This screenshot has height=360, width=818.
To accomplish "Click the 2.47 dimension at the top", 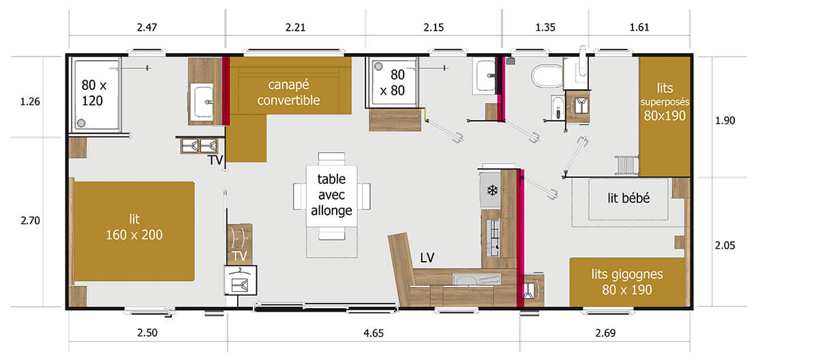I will tap(147, 27).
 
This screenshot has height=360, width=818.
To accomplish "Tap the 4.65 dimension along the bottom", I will tap(374, 334).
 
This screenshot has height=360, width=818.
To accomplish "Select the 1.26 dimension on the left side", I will tap(31, 102).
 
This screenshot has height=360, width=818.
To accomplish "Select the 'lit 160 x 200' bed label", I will tap(134, 226).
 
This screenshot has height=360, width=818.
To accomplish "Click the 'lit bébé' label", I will tap(628, 198).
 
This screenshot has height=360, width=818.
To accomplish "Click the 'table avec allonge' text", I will tap(331, 195).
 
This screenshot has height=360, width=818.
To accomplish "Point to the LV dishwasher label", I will tap(428, 257).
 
